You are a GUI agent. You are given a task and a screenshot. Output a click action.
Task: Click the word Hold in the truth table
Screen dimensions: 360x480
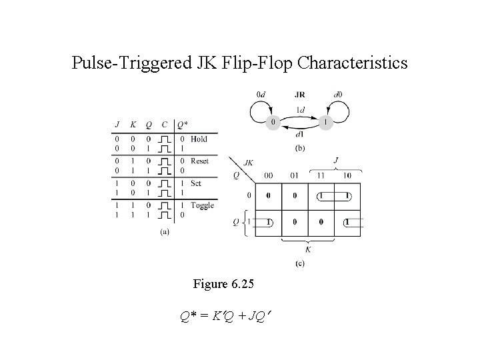point(199,139)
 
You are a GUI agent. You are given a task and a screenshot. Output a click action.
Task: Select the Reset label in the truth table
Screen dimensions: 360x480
point(200,161)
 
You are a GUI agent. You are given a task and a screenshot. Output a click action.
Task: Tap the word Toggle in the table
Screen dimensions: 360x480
point(202,205)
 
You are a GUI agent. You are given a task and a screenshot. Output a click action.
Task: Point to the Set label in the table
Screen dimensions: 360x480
point(196,183)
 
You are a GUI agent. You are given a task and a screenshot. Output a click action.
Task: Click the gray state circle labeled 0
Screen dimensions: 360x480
point(272,123)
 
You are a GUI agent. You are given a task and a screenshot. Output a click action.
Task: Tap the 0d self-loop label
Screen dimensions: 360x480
point(263,95)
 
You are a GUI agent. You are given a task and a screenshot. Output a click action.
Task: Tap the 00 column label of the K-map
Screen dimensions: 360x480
point(268,176)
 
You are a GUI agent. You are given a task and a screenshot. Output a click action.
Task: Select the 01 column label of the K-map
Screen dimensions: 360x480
point(295,176)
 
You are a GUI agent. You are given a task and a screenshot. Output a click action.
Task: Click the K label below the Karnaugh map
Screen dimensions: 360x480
point(308,250)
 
